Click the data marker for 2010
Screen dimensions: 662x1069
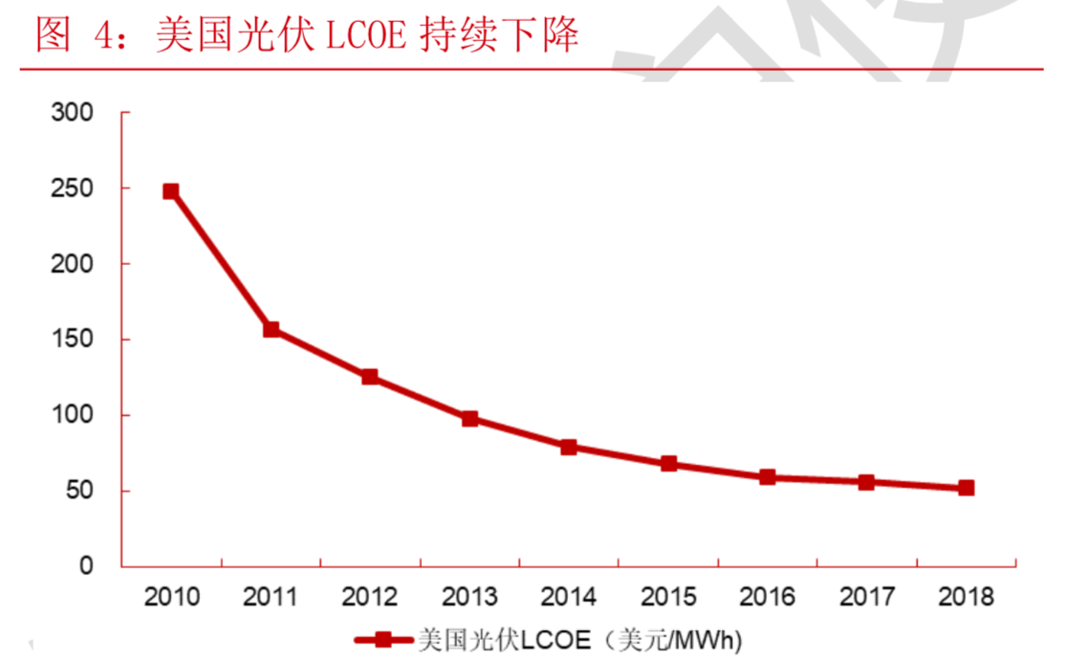coord(171,191)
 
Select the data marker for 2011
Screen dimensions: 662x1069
coord(271,330)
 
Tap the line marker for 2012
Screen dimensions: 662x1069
coord(370,377)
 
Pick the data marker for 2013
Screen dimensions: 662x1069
coord(469,419)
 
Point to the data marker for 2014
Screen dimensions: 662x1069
coord(569,447)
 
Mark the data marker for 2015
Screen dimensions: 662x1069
coord(668,464)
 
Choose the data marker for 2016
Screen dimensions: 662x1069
coord(768,477)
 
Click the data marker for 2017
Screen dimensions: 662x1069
coord(866,482)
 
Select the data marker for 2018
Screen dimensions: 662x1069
coord(966,488)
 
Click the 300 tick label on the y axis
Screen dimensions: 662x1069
coord(73,113)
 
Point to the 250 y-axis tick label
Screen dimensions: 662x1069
coord(73,188)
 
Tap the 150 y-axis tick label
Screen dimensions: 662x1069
coord(73,340)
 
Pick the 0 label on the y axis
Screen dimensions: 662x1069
coord(86,566)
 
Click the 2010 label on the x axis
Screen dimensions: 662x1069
coord(171,598)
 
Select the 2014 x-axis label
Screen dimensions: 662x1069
coord(569,598)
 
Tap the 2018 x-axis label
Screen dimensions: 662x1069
coord(966,598)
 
